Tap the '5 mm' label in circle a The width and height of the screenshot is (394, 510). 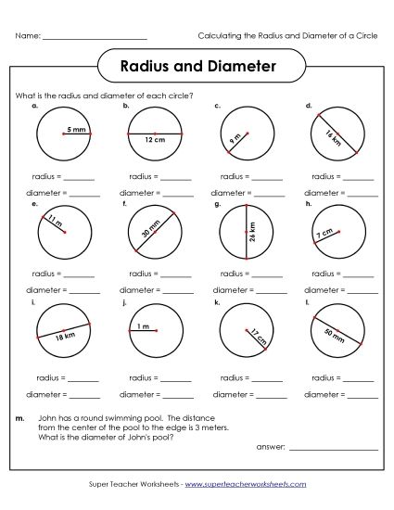point(75,131)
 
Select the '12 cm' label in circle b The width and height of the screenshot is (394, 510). point(154,140)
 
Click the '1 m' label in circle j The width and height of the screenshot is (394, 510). point(143,326)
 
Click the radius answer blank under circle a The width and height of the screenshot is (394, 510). point(80,177)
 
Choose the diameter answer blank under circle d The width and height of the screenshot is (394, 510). point(363,196)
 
